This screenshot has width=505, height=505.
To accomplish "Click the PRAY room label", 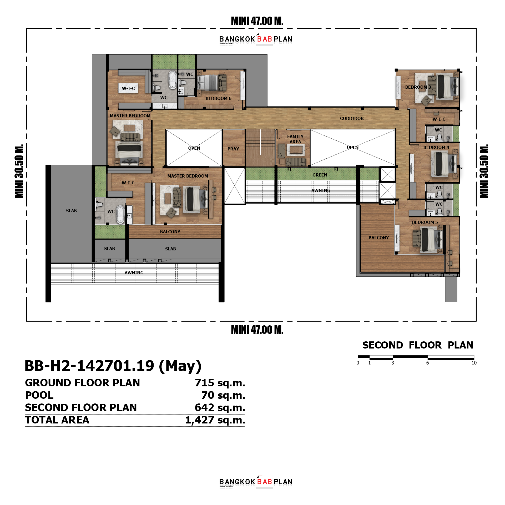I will coord(233,149).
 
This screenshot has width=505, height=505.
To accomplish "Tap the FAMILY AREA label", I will coord(295,139).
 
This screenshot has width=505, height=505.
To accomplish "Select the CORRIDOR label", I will coord(352,118).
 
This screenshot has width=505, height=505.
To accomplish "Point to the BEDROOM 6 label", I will coord(218,98).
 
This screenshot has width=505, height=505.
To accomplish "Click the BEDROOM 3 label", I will coord(418,87).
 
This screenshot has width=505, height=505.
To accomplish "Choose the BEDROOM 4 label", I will coord(436,147).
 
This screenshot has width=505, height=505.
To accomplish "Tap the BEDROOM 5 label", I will coord(425,222).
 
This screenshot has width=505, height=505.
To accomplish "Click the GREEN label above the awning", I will coord(320,175).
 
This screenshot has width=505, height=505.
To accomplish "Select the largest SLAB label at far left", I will coord(71,211).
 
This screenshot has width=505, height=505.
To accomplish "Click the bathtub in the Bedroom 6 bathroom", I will coord(173,79).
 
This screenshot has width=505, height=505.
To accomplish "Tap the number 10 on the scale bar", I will coord(474,363).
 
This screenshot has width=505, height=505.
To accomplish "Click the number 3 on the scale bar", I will coord(392,363).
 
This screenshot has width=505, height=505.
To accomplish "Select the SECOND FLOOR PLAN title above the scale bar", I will coord(417,345).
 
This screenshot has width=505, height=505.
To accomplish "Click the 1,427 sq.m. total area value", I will coord(215,420).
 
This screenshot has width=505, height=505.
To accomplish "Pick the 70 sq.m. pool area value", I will coord(223,395).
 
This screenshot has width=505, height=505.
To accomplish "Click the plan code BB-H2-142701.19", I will coord(89,366).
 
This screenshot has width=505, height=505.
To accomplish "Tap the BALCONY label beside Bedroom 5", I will coord(378,238).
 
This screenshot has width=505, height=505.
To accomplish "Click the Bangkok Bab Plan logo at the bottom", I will coord(256,482).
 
